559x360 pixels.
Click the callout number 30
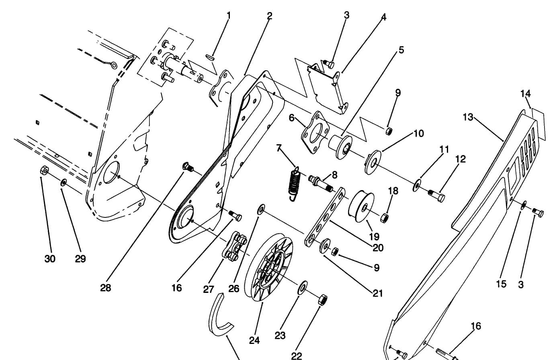[50, 259]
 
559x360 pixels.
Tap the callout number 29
[80, 259]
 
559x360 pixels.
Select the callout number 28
[106, 288]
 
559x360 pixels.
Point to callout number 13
[468, 117]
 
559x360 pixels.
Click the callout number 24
[254, 341]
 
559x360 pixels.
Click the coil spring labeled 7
[295, 183]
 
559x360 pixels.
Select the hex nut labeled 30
[45, 171]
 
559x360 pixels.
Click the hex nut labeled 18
[384, 218]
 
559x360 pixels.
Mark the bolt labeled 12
[436, 196]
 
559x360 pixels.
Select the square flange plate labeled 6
[315, 133]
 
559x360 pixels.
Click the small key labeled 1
[210, 57]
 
